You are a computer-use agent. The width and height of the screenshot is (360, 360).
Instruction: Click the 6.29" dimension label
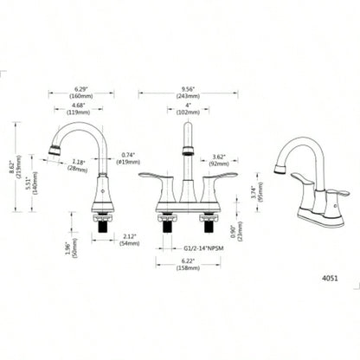tap(84, 88)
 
